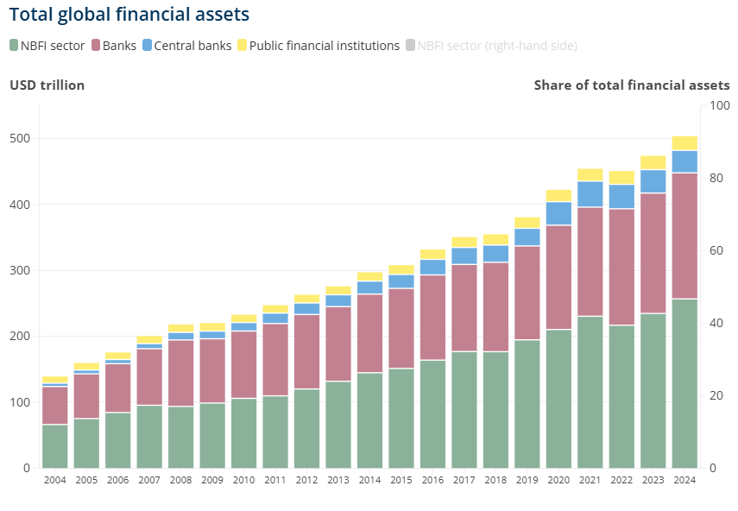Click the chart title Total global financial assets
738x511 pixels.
129,15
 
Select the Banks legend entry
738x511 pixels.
119,46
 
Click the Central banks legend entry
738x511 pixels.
192,46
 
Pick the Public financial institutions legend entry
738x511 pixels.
325,46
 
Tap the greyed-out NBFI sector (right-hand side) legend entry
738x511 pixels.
497,46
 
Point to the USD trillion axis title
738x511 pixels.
47,85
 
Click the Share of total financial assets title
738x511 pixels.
632,85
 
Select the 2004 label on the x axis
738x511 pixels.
55,481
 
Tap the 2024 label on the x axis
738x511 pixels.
684,481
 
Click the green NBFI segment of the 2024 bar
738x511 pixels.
684,383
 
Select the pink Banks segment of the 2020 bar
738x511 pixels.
558,277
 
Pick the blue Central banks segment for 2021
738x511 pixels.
590,194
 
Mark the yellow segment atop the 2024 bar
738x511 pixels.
684,143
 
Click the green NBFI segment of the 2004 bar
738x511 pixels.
55,446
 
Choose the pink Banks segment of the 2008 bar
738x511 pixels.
181,373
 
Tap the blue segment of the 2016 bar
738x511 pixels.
432,267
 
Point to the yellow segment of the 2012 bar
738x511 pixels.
306,299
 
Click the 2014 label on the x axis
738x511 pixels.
369,481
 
